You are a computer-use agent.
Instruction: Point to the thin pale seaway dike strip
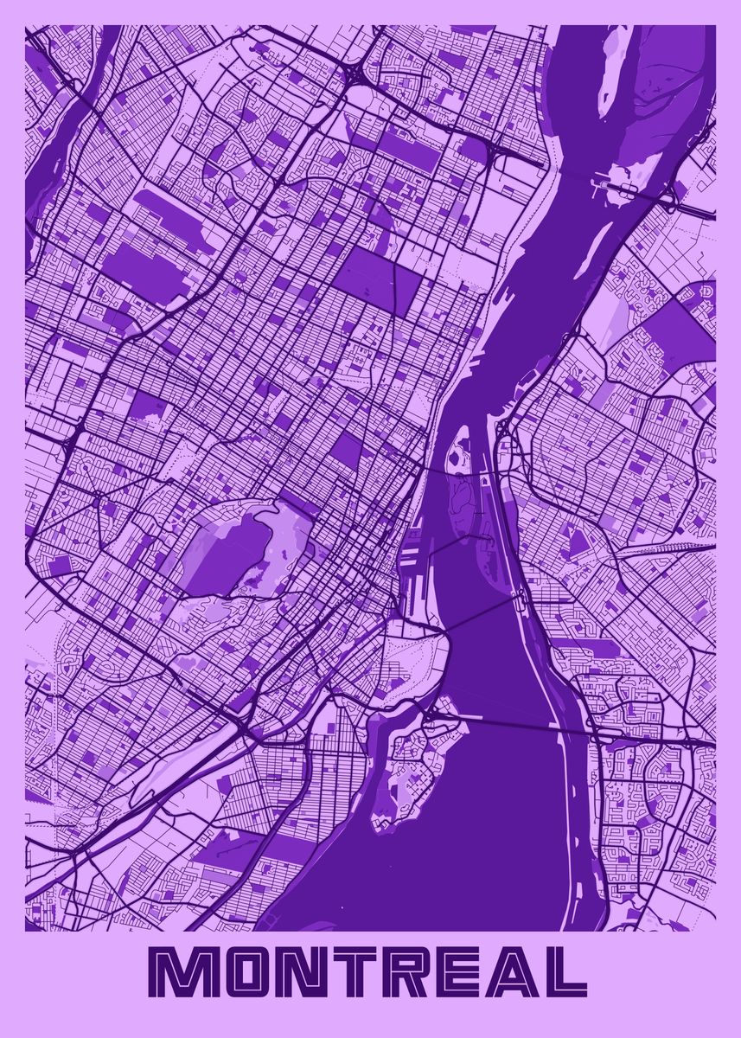tap(553, 683)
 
